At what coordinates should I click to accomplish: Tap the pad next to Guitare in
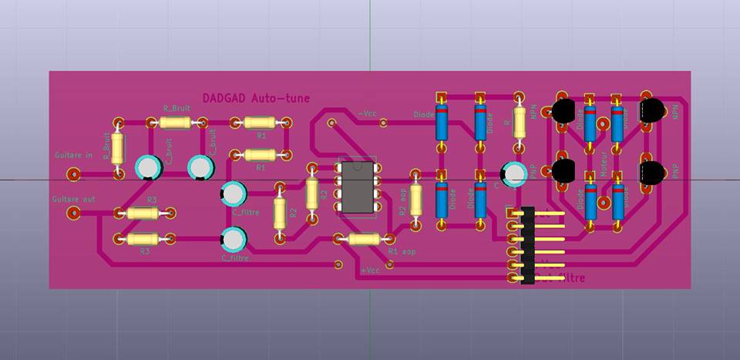[73, 174]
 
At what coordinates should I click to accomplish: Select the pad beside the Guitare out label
[73, 213]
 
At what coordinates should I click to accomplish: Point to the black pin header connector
[528, 245]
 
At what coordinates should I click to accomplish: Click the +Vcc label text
[370, 271]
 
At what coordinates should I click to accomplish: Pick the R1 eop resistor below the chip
[364, 239]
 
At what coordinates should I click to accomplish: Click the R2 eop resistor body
[416, 200]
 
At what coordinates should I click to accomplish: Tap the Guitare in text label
[73, 155]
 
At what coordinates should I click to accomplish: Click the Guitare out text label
[73, 199]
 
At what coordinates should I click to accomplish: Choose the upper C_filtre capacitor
[233, 192]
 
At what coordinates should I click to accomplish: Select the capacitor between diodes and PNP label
[512, 174]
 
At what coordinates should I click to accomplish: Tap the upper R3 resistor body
[143, 213]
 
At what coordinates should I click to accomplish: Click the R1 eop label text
[402, 252]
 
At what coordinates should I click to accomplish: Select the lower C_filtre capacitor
[233, 238]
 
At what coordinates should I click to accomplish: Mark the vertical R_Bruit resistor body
[117, 147]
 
